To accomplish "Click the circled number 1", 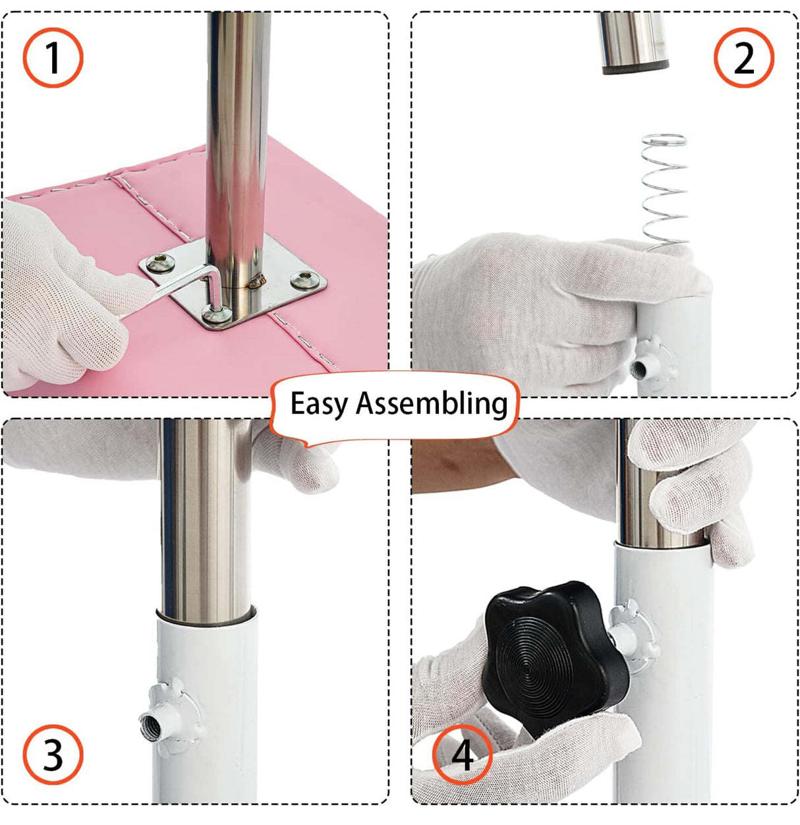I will click(x=53, y=57).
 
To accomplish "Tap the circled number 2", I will click(x=744, y=57).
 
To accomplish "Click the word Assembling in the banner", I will click(x=432, y=403).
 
